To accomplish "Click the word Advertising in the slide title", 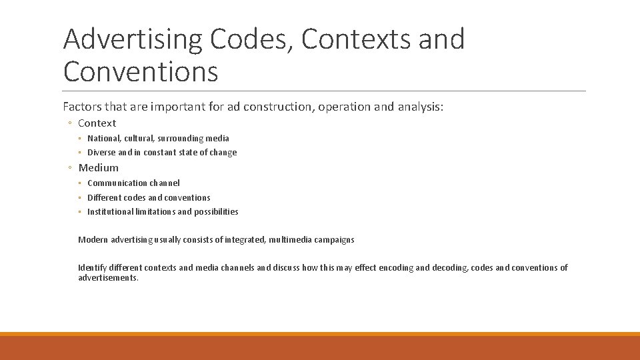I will click(x=133, y=40).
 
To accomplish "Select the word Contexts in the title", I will click(x=355, y=40).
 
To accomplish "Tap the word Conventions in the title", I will click(x=141, y=71).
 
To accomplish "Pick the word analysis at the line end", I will click(x=417, y=107).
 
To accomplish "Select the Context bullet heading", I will click(x=97, y=123).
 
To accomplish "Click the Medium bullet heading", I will click(x=98, y=168).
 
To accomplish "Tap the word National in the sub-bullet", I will click(x=103, y=139).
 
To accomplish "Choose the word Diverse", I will click(x=101, y=153).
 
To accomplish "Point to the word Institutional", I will click(x=109, y=212).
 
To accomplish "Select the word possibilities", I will click(x=216, y=212).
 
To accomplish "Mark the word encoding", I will click(x=396, y=268).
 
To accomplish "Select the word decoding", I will click(x=450, y=268).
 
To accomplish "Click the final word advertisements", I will click(x=107, y=278).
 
